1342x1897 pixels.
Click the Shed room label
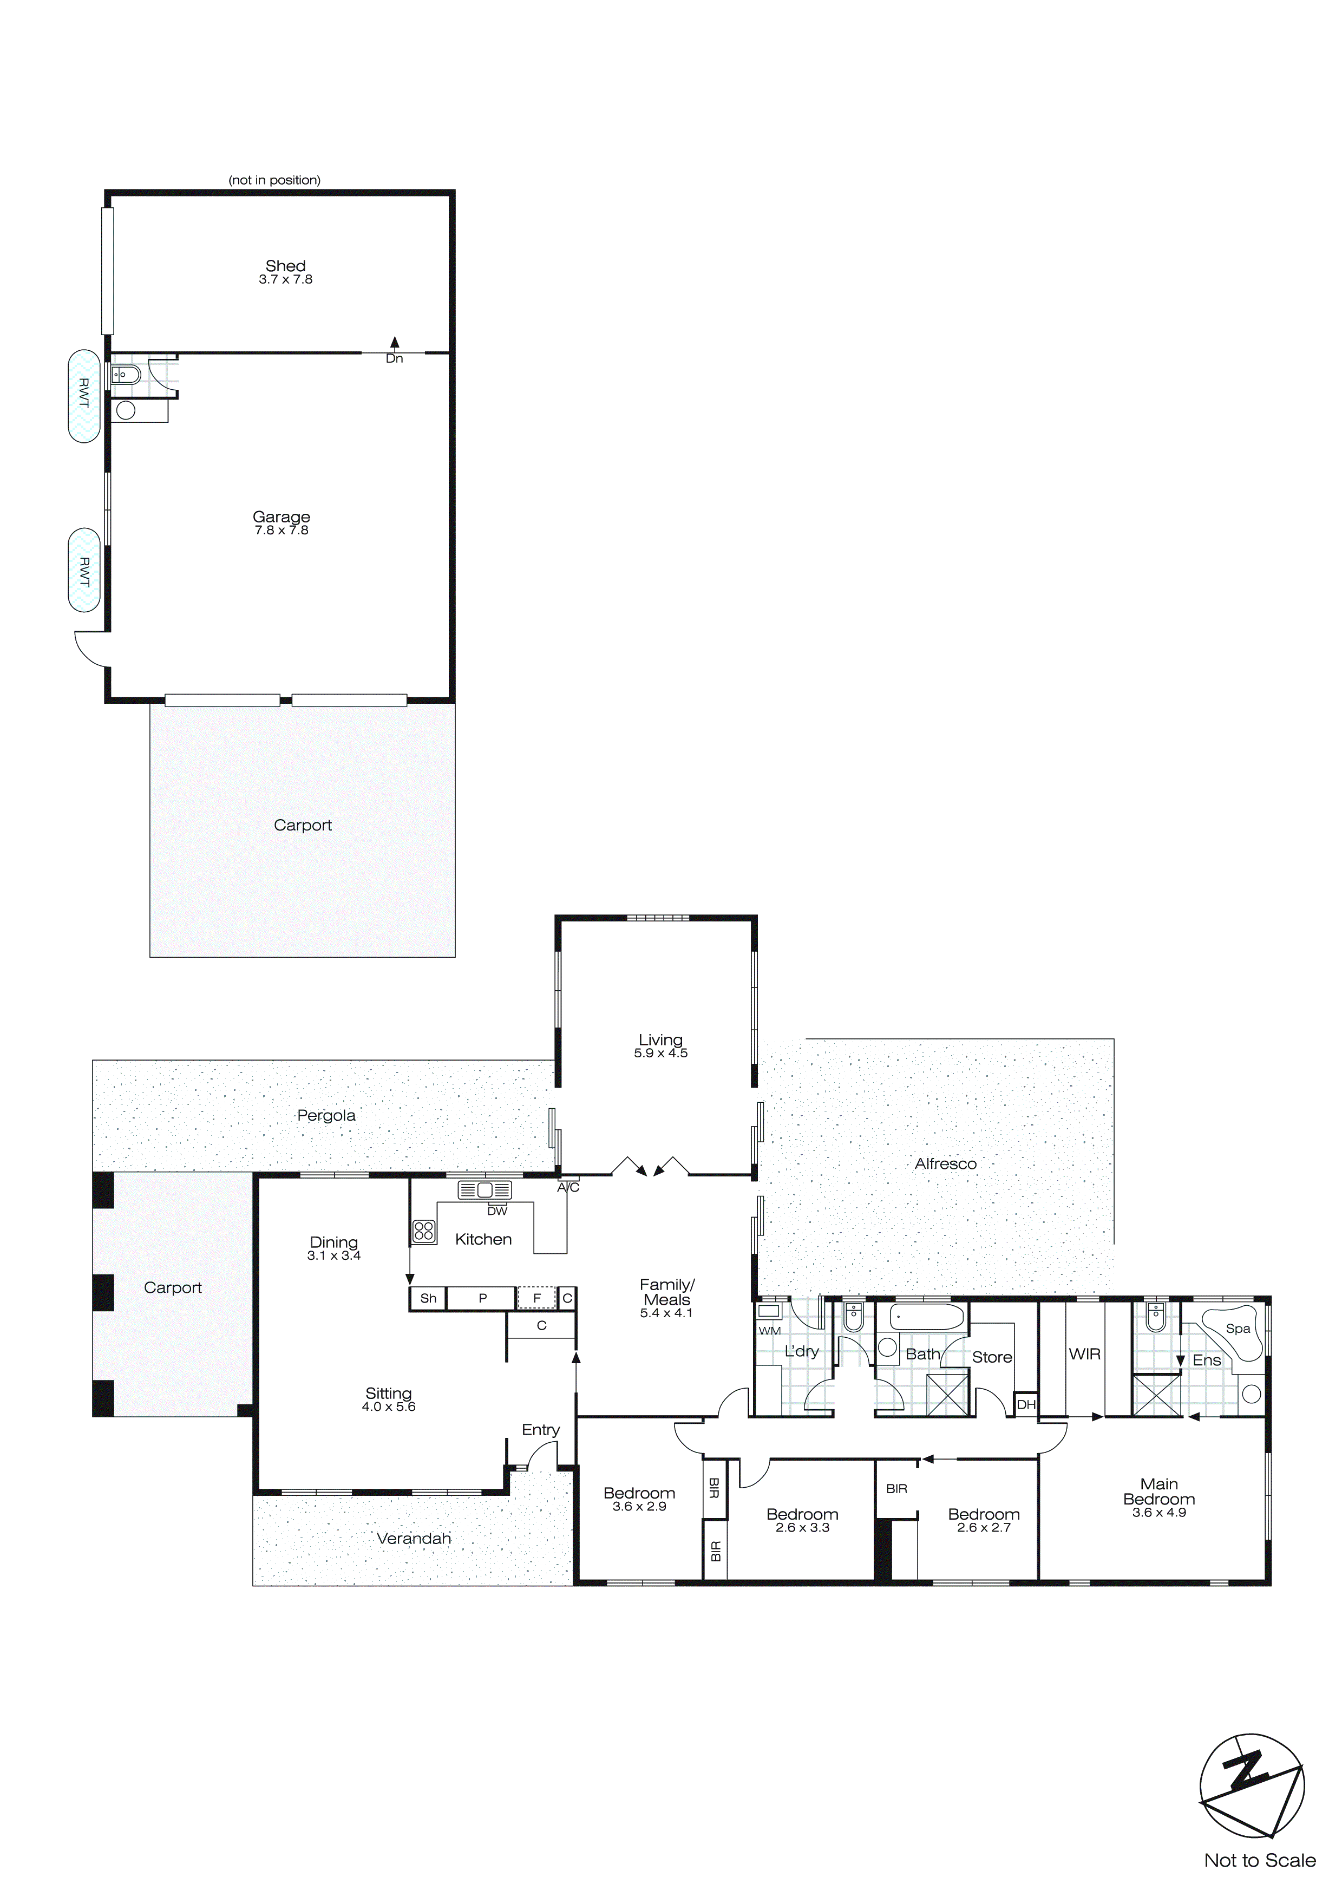(x=285, y=266)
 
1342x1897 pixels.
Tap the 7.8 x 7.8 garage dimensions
(x=281, y=531)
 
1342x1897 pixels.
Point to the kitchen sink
(x=485, y=1190)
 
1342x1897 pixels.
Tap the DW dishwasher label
(x=496, y=1211)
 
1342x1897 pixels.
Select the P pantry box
(x=482, y=1298)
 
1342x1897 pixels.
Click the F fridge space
(x=536, y=1298)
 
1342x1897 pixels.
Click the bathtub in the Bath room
(x=926, y=1317)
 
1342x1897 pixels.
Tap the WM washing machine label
(x=769, y=1331)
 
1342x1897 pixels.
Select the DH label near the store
(x=1025, y=1404)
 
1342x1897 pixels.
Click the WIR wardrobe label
(x=1084, y=1354)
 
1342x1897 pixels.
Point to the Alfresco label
(x=945, y=1163)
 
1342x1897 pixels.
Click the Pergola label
(x=325, y=1115)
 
